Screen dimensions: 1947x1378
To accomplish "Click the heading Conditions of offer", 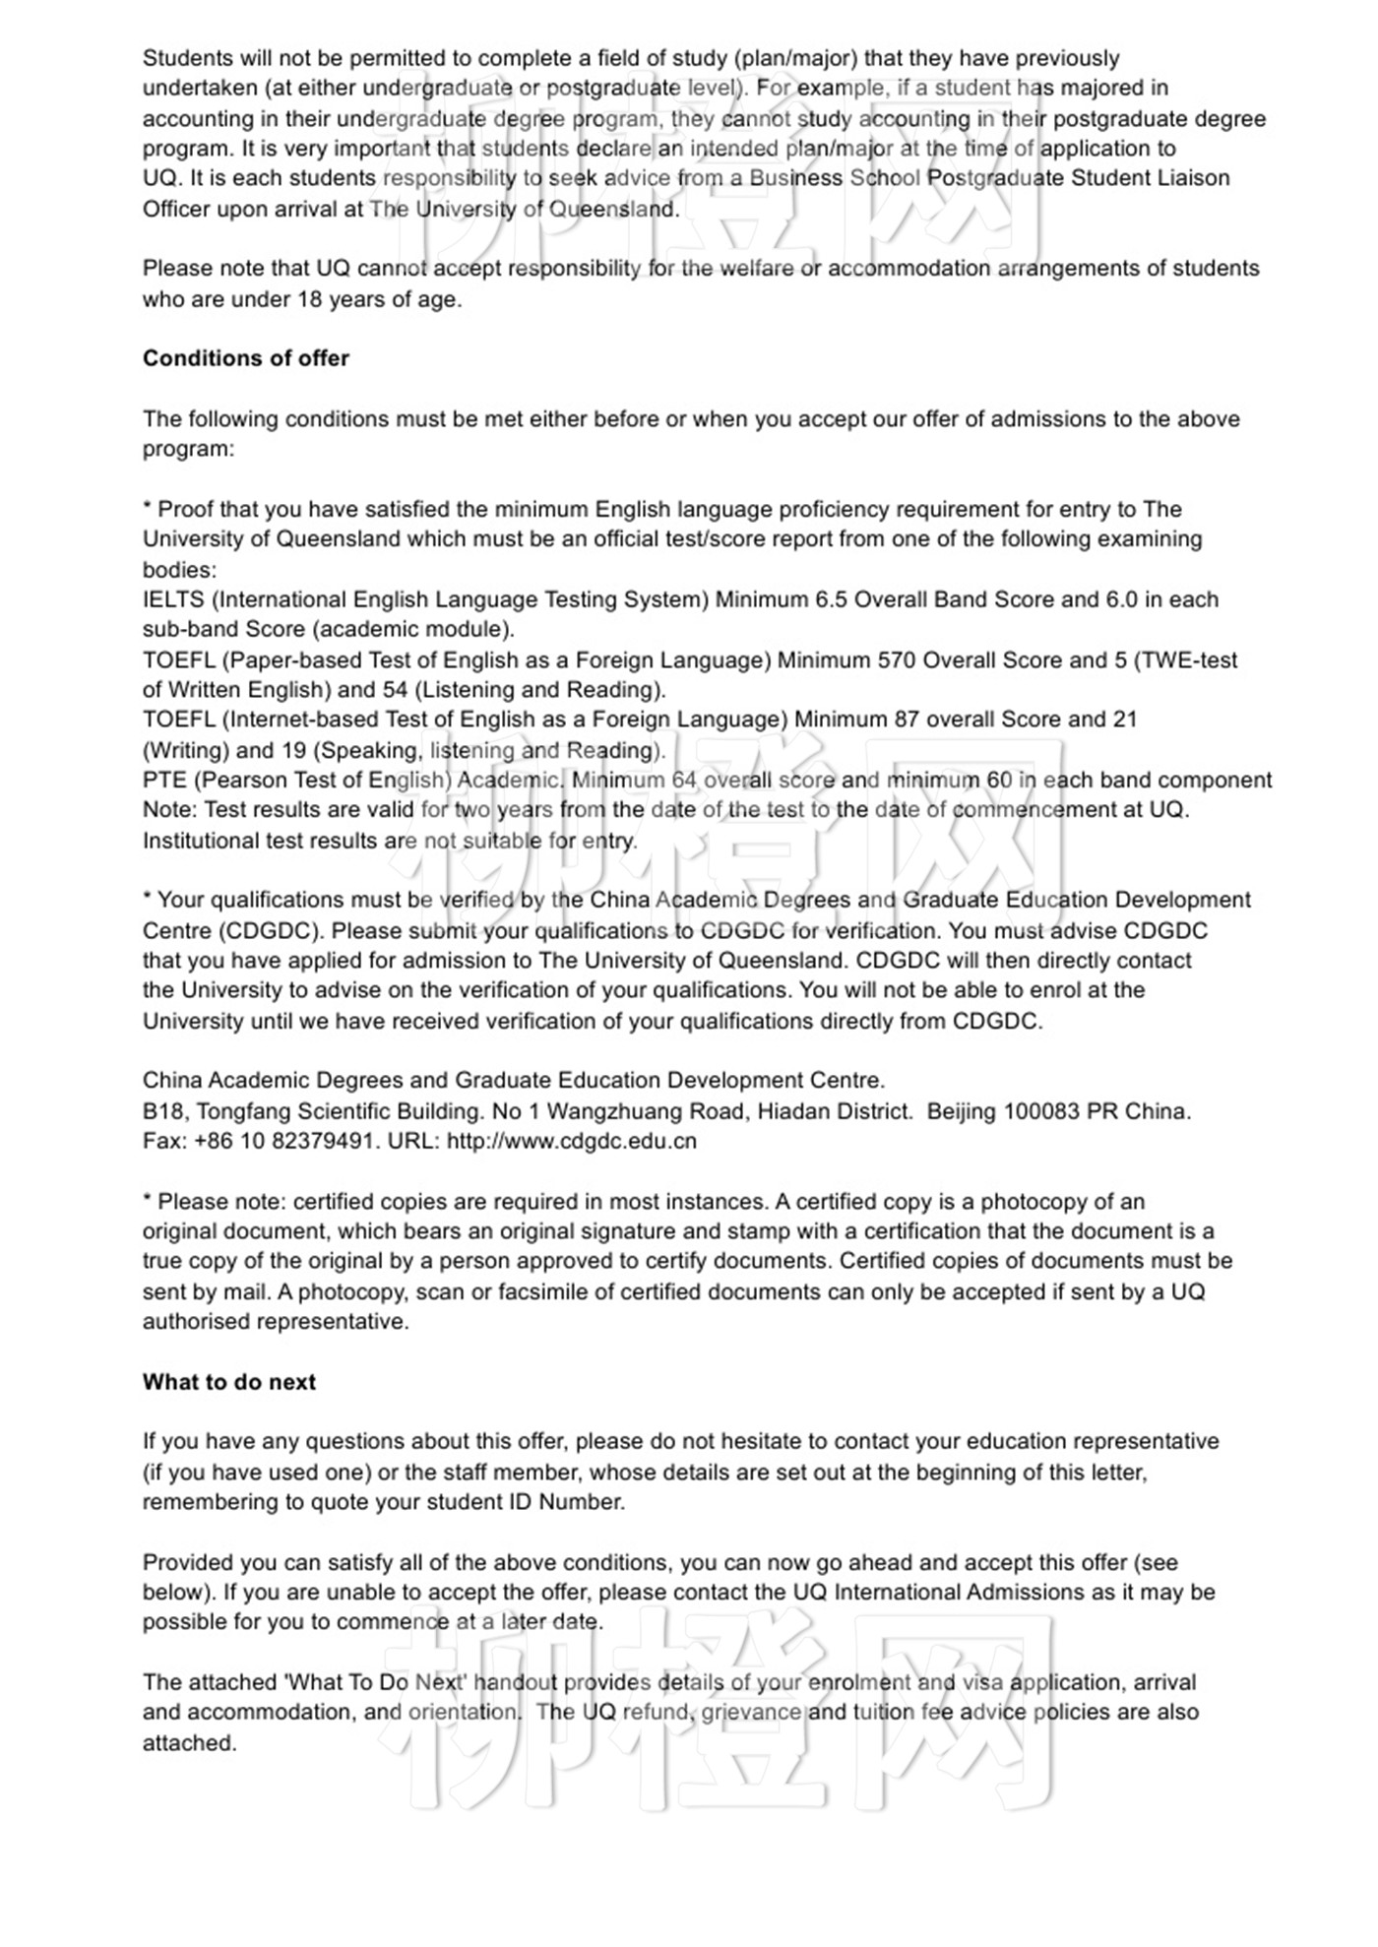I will tap(245, 358).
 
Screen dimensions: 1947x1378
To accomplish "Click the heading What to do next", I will tap(228, 1382).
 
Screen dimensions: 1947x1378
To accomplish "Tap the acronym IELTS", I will tap(173, 599).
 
